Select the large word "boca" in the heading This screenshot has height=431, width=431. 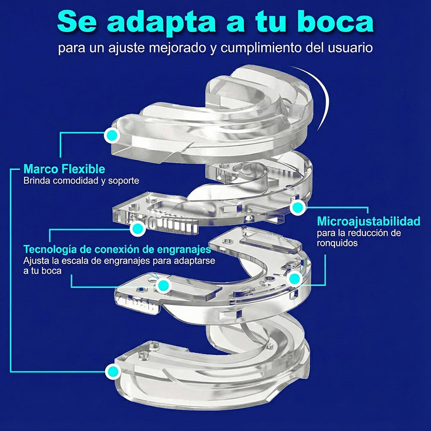point(335,22)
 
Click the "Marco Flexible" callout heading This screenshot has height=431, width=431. point(64,169)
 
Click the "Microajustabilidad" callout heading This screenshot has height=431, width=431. point(369,221)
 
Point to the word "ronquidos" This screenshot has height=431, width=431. point(337,243)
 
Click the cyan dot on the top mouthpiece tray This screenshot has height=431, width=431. point(112,135)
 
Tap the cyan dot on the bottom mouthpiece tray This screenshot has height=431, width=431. point(112,372)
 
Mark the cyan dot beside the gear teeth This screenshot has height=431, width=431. point(137,228)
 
